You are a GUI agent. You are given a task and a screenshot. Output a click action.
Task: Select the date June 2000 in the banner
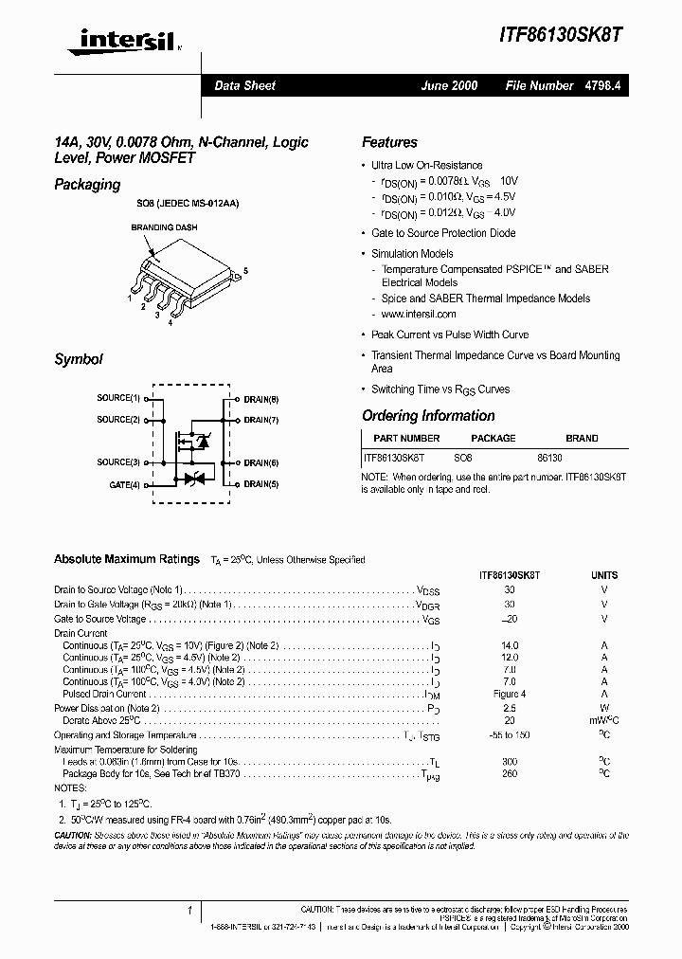click(x=449, y=85)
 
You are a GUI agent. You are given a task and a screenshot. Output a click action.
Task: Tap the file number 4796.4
click(x=602, y=85)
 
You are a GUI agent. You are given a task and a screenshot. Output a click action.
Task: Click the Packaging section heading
click(x=87, y=185)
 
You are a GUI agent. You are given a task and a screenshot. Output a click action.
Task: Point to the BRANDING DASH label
click(x=164, y=228)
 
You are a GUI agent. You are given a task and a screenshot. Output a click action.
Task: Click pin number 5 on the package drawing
click(x=245, y=272)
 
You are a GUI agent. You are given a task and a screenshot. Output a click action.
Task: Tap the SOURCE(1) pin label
click(x=118, y=399)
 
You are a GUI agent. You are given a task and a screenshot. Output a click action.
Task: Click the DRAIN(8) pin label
click(x=260, y=399)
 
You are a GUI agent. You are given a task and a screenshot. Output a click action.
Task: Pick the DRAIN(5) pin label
click(x=260, y=484)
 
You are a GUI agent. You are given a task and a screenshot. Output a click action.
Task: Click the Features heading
click(x=389, y=142)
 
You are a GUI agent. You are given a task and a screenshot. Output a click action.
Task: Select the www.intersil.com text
click(x=419, y=314)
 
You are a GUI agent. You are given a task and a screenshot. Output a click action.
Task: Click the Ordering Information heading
click(x=428, y=416)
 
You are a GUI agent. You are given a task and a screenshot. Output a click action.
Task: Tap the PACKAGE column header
click(x=494, y=439)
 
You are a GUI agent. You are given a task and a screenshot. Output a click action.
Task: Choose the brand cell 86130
click(x=550, y=457)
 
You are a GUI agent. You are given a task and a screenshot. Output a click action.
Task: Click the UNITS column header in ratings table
click(x=604, y=575)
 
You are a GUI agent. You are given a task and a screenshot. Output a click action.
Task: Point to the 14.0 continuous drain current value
click(x=510, y=645)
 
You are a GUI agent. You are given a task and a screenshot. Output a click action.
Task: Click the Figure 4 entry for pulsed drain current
click(x=510, y=695)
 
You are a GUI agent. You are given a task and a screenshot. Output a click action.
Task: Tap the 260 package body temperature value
click(x=510, y=774)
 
